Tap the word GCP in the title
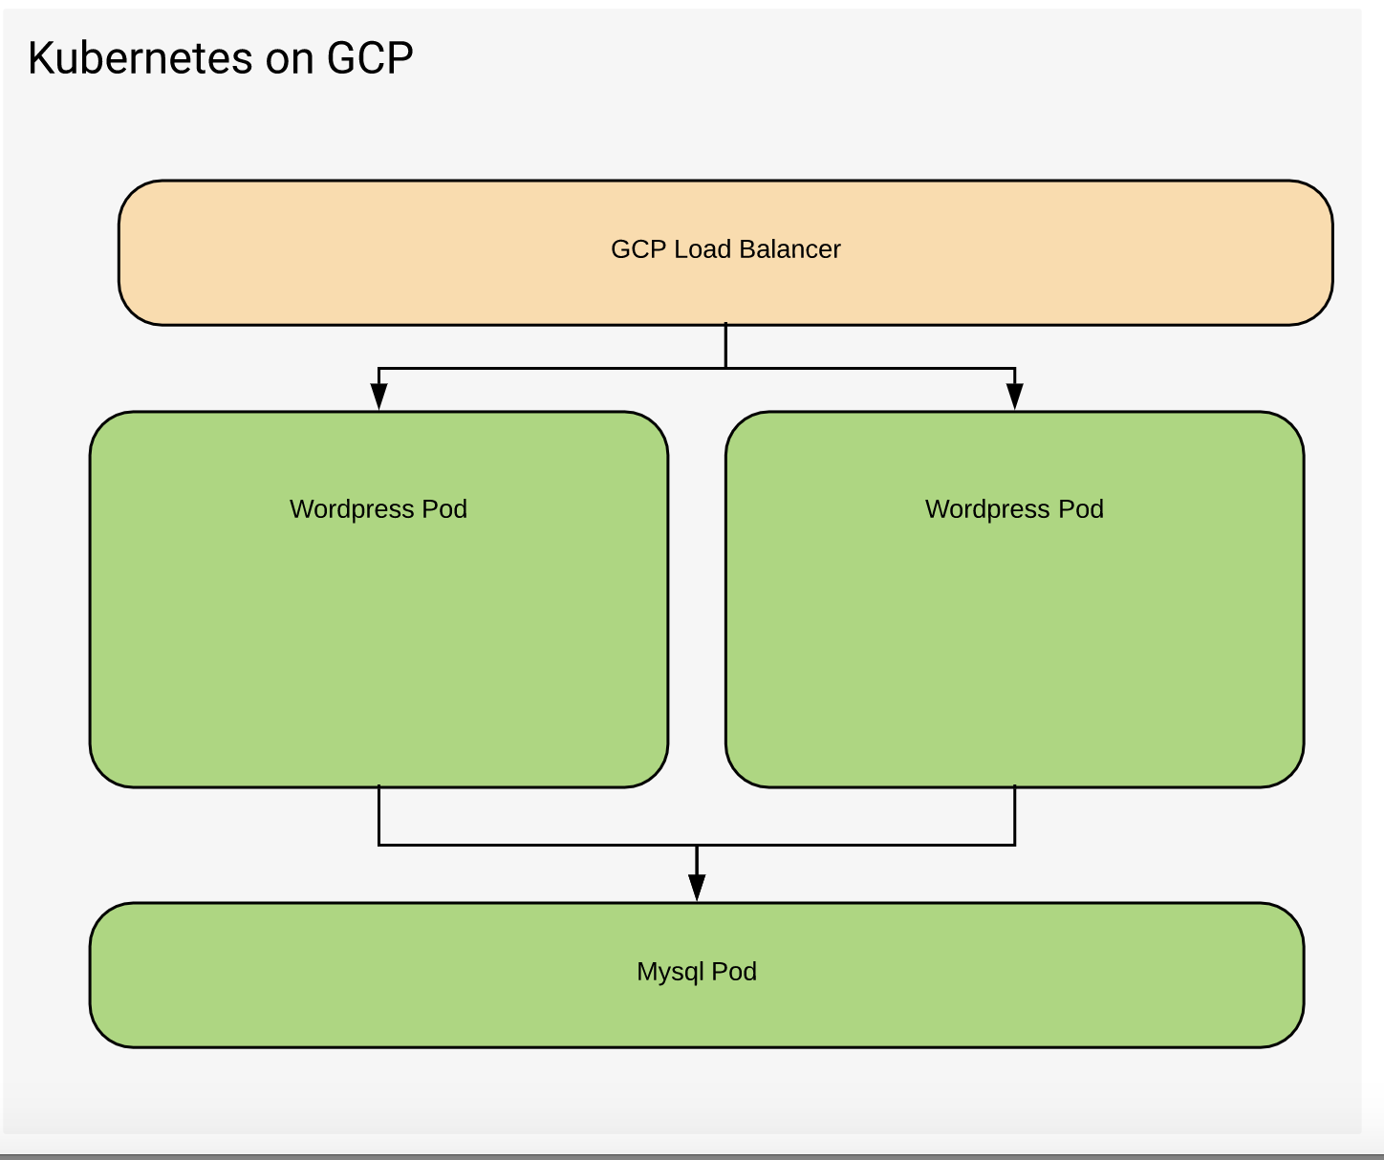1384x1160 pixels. click(x=370, y=58)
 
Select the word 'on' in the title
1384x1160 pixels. click(x=290, y=59)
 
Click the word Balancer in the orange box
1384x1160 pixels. click(x=789, y=249)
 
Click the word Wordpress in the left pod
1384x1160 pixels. click(x=352, y=509)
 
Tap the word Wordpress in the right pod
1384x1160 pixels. click(x=987, y=509)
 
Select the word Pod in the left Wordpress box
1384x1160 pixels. click(x=444, y=509)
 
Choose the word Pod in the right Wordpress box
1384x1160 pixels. click(x=1081, y=509)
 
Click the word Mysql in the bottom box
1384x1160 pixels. click(x=670, y=972)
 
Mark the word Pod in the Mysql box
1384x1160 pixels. click(x=734, y=972)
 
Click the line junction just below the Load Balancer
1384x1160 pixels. click(x=726, y=368)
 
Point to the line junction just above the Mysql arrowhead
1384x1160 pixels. click(x=698, y=845)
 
